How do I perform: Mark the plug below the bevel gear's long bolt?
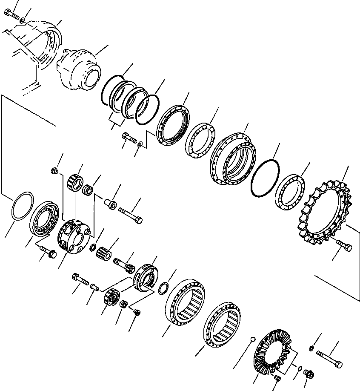coord(310,374)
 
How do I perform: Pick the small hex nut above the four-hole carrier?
coord(54,171)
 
